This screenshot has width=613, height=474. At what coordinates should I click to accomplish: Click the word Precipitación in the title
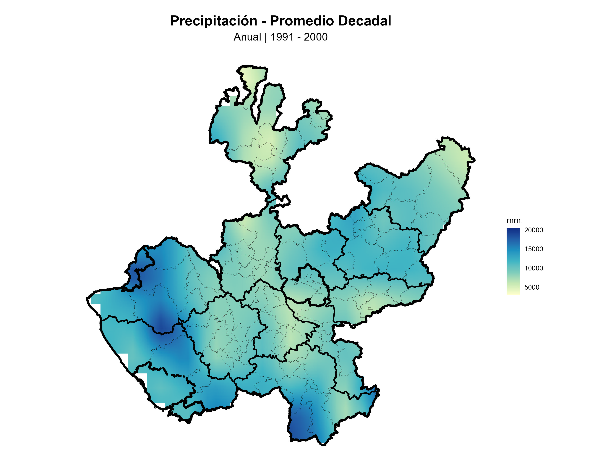(214, 21)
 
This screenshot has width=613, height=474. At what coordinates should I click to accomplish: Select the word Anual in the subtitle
(247, 37)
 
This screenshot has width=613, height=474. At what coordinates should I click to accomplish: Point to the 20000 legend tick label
(533, 230)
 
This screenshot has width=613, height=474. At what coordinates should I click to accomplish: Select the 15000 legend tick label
(533, 249)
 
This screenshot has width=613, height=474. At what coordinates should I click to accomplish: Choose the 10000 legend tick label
(533, 268)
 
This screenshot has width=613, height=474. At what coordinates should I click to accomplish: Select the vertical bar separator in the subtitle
(265, 37)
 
